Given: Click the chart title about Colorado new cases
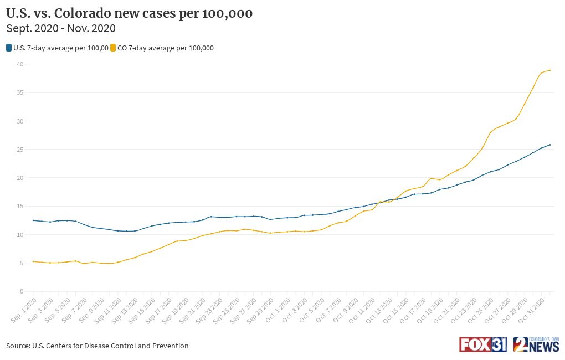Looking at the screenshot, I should click(129, 13).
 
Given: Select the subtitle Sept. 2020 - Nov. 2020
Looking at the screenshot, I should click(61, 28).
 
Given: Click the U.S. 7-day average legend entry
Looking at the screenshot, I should click(58, 48).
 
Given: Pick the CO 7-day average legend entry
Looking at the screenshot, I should click(162, 48).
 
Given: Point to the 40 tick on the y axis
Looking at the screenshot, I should click(19, 64).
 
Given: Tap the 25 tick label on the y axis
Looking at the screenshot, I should click(19, 150).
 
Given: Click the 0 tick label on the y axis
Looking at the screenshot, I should click(21, 291).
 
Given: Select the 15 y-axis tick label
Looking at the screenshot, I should click(19, 206).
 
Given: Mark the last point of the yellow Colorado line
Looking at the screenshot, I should click(549, 70).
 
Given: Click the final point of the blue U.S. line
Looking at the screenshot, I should click(549, 145).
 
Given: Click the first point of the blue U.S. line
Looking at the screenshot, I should click(33, 220).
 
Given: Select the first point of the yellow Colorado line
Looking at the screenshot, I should click(33, 261).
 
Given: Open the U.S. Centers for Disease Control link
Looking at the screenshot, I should click(110, 346).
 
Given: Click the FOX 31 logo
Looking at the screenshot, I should click(482, 344).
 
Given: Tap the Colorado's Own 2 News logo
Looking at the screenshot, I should click(536, 344).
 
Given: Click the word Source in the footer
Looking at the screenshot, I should click(17, 346).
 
